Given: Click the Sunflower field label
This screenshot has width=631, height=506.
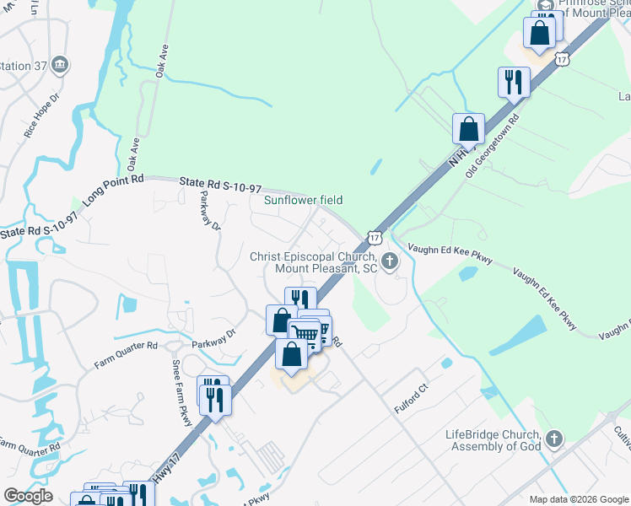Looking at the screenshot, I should [304, 200].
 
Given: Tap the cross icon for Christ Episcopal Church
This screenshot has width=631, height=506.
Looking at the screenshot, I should [390, 261].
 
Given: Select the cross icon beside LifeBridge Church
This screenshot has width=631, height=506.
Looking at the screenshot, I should [553, 439].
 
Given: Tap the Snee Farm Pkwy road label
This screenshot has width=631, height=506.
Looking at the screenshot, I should [181, 387].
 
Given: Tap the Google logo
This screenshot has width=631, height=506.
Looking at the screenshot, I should [28, 496].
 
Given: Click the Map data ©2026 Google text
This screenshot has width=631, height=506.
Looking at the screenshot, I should [579, 499].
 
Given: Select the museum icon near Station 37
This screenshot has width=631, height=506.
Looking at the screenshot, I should [60, 65].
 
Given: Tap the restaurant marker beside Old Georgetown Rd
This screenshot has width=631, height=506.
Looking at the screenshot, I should [514, 83].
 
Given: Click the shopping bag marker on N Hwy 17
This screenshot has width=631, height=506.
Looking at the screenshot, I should [468, 130].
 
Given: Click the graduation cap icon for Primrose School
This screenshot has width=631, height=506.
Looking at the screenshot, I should [543, 4].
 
